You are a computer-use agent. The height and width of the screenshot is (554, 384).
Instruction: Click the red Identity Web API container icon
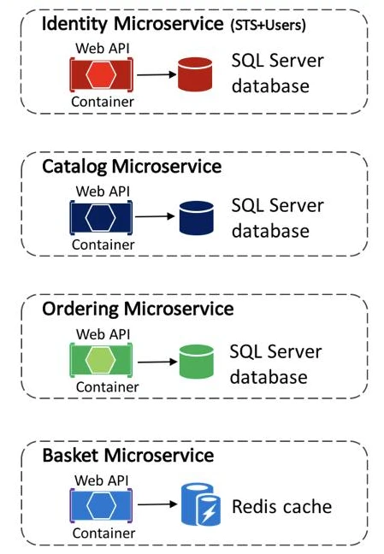tap(101, 75)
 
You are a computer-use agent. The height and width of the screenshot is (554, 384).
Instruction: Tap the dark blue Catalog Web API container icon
tap(101, 218)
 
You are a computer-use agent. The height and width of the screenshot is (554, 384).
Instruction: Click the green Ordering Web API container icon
tap(101, 361)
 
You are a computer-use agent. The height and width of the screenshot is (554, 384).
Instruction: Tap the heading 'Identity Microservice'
tap(133, 23)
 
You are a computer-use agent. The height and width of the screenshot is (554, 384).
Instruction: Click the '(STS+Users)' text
tap(269, 26)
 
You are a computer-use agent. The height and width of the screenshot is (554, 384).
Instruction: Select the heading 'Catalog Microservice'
tap(132, 166)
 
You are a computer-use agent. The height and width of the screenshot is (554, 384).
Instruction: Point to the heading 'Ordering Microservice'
tap(138, 308)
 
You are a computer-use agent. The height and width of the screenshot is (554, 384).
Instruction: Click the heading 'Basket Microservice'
tap(127, 453)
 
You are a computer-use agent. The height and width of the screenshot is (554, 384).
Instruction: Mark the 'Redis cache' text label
tap(281, 506)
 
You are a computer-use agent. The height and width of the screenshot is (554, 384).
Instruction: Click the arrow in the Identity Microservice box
tap(154, 75)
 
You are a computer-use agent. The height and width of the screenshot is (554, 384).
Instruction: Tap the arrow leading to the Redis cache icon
tap(154, 504)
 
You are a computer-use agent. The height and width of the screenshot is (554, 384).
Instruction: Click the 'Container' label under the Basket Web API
tap(103, 533)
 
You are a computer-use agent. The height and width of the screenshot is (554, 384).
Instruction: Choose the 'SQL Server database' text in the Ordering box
tap(276, 364)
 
